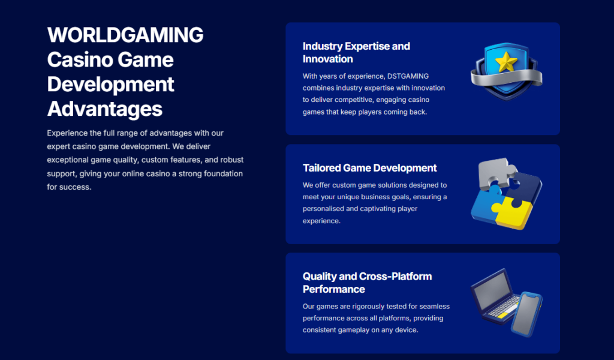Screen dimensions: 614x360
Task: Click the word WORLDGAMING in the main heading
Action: coord(125,35)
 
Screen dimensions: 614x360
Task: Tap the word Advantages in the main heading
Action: coord(104,109)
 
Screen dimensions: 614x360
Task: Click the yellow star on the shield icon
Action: coord(506,62)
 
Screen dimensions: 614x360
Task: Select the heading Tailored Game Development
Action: coord(369,168)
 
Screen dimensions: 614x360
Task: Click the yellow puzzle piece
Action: coord(514,213)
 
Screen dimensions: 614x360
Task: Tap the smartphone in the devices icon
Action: coord(526,313)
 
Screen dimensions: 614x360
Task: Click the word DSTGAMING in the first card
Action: coord(408,76)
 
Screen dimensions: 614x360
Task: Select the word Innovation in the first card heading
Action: coord(328,59)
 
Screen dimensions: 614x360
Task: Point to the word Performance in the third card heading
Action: coord(333,289)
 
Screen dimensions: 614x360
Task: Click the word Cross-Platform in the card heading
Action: coord(395,277)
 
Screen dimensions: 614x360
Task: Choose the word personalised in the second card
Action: coord(323,209)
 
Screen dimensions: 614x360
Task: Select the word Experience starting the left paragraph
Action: coord(67,133)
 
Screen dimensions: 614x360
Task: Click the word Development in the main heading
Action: coord(111,85)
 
